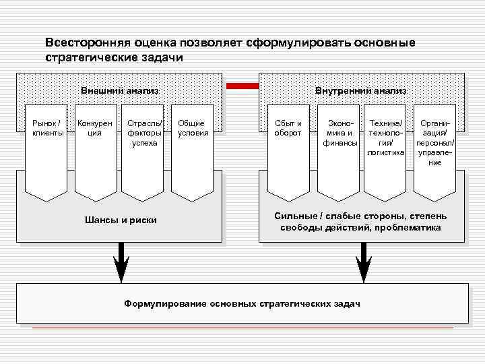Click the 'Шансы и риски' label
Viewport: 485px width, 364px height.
(x=121, y=220)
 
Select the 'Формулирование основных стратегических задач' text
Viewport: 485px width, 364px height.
(x=243, y=304)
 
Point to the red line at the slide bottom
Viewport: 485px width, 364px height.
(x=243, y=328)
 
